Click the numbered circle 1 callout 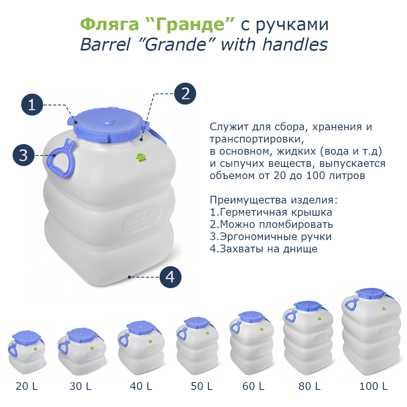pos(32,105)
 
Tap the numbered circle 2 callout pos(185,94)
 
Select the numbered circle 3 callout pos(23,155)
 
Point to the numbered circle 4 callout pos(170,277)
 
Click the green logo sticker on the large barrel pos(140,158)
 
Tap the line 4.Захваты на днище pos(263,249)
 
